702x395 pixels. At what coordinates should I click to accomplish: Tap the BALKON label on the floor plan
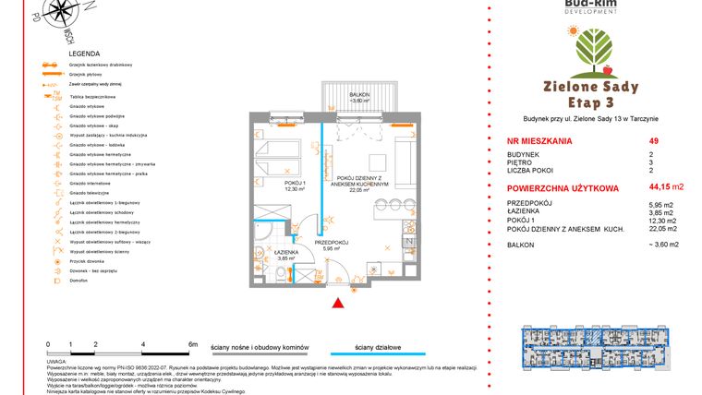[x=359, y=95]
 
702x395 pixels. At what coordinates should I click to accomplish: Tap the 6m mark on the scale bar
[x=191, y=343]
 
